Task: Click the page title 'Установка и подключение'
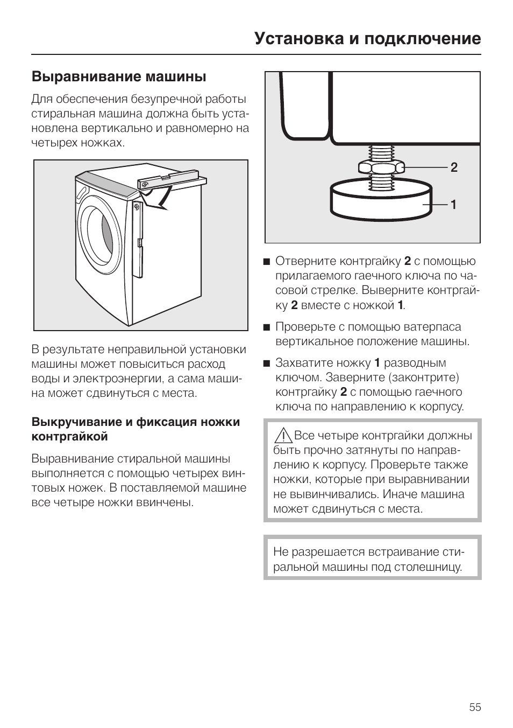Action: [367, 39]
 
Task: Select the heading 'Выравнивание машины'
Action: [119, 77]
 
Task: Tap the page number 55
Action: [475, 707]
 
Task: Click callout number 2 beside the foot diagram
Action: [454, 167]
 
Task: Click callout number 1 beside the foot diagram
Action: [453, 205]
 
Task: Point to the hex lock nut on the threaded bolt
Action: [381, 167]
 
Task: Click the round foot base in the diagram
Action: [381, 200]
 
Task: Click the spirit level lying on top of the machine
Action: [171, 181]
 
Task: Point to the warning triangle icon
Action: [283, 435]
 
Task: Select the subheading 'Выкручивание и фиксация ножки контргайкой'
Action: [136, 429]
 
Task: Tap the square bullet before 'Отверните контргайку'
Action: [266, 262]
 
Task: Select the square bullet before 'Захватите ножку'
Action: [266, 363]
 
